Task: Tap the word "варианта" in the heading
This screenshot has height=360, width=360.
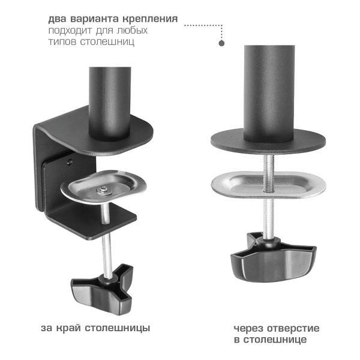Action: [92, 18]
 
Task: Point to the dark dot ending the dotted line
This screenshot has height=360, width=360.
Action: [221, 43]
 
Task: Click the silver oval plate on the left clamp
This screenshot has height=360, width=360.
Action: [104, 187]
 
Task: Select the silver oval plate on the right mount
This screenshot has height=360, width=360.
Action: [268, 185]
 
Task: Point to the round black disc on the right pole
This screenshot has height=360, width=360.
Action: [268, 142]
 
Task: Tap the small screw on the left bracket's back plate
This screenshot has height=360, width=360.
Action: [70, 161]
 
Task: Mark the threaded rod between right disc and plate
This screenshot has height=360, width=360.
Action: [268, 163]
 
